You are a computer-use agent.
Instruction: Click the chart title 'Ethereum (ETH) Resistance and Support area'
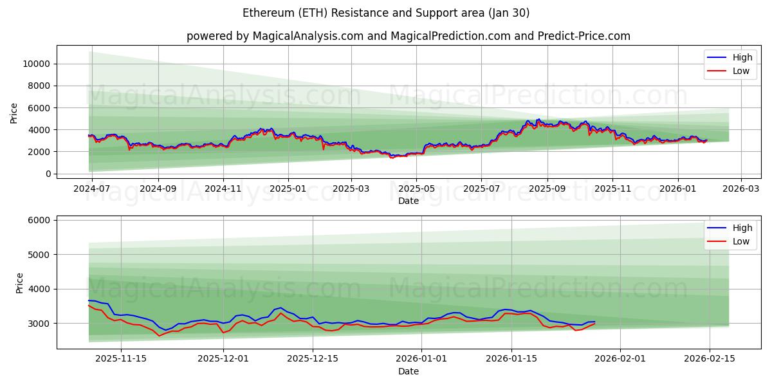pos(386,13)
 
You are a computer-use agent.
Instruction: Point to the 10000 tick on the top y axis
pos(37,64)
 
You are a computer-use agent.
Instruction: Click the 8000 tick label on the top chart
pos(39,86)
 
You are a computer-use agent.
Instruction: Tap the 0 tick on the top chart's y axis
pos(48,174)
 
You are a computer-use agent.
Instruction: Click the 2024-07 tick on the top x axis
pos(92,189)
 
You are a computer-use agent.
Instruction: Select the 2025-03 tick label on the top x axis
pos(351,189)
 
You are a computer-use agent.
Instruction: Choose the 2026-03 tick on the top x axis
pos(741,189)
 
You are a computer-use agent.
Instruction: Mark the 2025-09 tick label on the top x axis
pos(547,189)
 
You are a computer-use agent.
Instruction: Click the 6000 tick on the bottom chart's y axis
pos(39,220)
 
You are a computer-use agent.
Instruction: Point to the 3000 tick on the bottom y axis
pos(39,324)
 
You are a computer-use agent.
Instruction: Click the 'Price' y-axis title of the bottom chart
pos(19,283)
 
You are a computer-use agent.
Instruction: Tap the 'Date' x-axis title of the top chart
pos(408,201)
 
